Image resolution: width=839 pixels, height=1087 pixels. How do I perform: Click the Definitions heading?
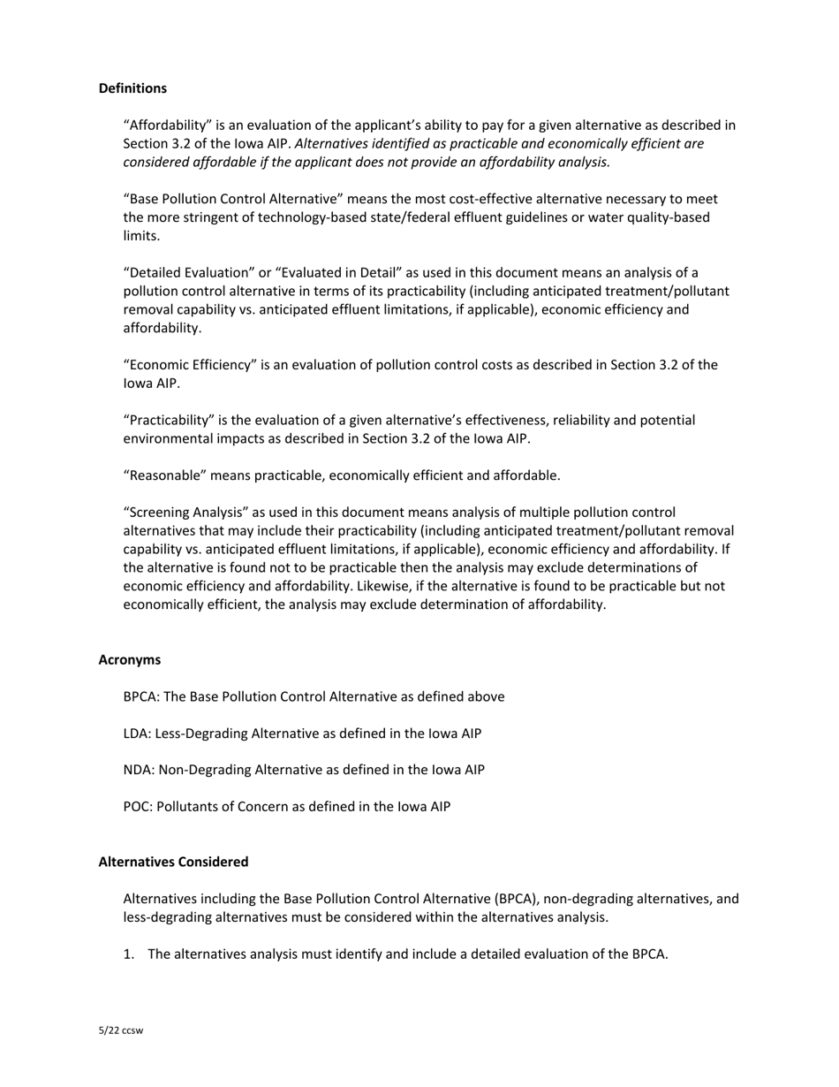click(132, 88)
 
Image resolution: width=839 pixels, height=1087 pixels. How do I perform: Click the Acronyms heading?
click(129, 660)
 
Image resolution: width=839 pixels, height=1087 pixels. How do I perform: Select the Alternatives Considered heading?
click(173, 862)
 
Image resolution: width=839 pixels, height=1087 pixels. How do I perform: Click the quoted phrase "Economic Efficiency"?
click(190, 365)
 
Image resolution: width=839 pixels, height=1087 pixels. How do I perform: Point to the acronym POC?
click(137, 806)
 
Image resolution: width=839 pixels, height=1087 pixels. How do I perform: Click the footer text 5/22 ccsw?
click(121, 1030)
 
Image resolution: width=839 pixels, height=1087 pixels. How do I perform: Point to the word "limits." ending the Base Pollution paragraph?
click(141, 236)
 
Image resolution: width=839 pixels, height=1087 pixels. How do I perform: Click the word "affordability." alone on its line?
click(162, 328)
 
